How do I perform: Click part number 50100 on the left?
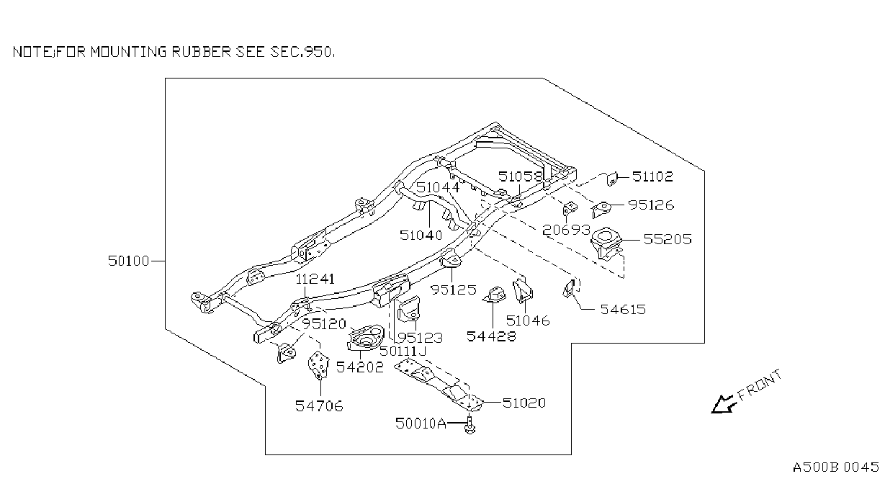[x=128, y=261]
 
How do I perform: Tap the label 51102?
[x=652, y=176]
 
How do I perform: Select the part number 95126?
[x=651, y=205]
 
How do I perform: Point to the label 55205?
[x=668, y=239]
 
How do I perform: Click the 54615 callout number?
[x=623, y=309]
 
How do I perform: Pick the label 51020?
[x=524, y=403]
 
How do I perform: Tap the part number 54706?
[x=319, y=405]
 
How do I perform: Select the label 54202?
[x=359, y=367]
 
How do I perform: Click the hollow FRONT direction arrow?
[x=723, y=405]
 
